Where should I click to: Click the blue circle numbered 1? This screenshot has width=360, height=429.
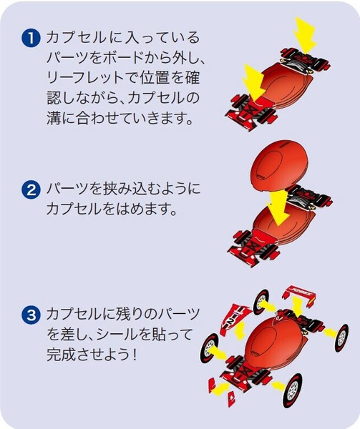pyautogui.click(x=31, y=38)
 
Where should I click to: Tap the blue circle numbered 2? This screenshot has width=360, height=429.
pyautogui.click(x=31, y=189)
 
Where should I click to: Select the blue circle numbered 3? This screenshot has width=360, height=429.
pyautogui.click(x=31, y=315)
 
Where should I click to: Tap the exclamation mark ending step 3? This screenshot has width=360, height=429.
pyautogui.click(x=134, y=355)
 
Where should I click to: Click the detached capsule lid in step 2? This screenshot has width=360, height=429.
pyautogui.click(x=278, y=170)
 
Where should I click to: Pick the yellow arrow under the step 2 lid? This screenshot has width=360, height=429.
pyautogui.click(x=278, y=207)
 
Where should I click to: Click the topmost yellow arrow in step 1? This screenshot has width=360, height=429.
pyautogui.click(x=304, y=34)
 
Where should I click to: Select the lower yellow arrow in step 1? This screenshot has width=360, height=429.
pyautogui.click(x=253, y=83)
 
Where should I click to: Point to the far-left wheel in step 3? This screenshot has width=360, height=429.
pyautogui.click(x=210, y=348)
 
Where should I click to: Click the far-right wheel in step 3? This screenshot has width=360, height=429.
pyautogui.click(x=341, y=337)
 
